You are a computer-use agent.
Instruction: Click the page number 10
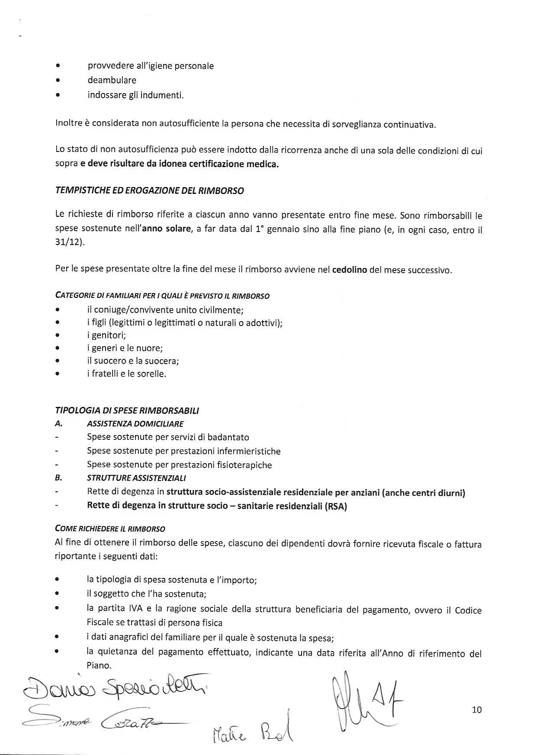click(477, 710)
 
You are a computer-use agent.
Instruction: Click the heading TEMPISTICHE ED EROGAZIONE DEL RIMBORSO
click(149, 191)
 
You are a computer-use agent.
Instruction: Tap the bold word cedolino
click(350, 270)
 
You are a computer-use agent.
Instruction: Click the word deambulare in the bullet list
click(112, 80)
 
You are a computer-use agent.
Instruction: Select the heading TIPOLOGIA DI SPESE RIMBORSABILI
click(127, 410)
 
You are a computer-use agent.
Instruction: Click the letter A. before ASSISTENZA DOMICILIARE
click(59, 424)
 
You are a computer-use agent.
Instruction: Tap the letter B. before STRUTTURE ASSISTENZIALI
click(59, 478)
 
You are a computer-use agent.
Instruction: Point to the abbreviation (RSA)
click(336, 507)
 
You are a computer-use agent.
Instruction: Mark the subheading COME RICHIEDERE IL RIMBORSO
click(110, 529)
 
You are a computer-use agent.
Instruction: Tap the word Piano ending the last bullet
click(99, 665)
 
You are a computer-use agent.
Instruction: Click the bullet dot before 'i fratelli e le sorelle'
click(58, 374)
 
